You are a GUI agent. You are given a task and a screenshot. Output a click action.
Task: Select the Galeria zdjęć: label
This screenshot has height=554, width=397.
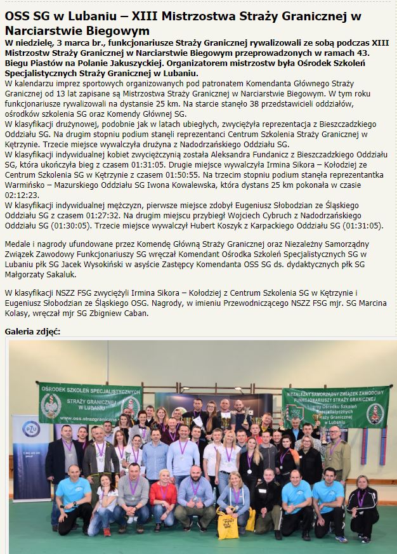click(x=32, y=331)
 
